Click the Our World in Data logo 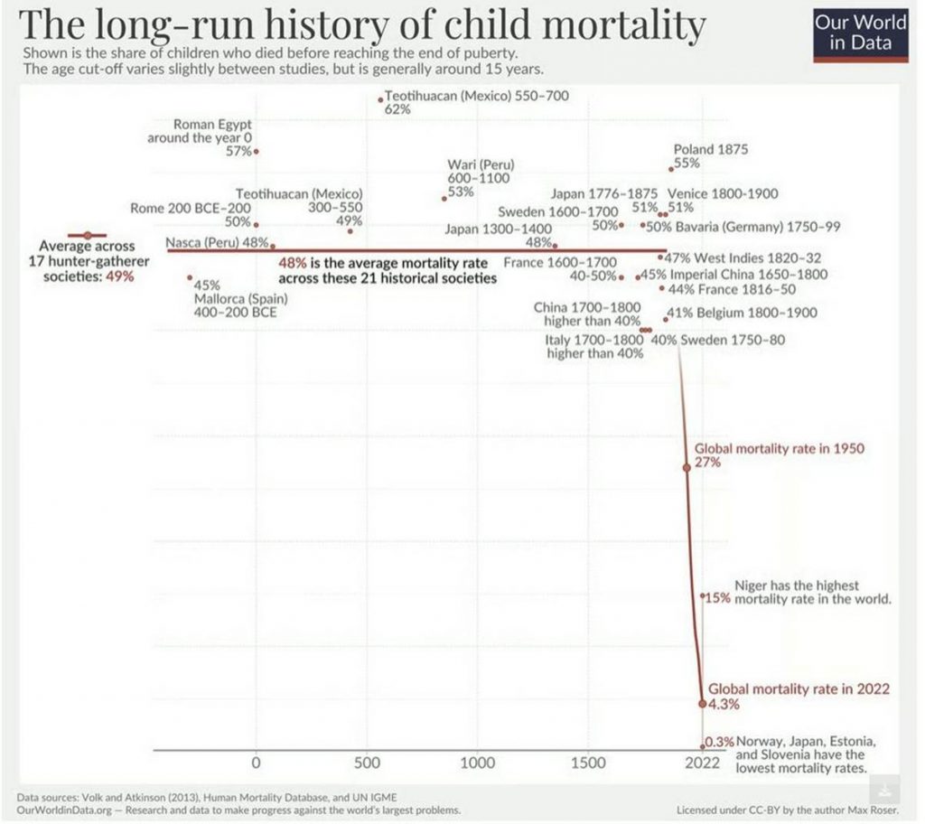(860, 33)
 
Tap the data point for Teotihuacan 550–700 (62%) (381, 98)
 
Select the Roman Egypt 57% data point (257, 151)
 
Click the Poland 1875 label (711, 150)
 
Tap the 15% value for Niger (718, 598)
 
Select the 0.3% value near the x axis (720, 742)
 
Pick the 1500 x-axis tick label (588, 763)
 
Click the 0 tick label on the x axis (256, 763)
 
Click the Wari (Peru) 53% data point (444, 198)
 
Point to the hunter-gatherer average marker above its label (87, 235)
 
